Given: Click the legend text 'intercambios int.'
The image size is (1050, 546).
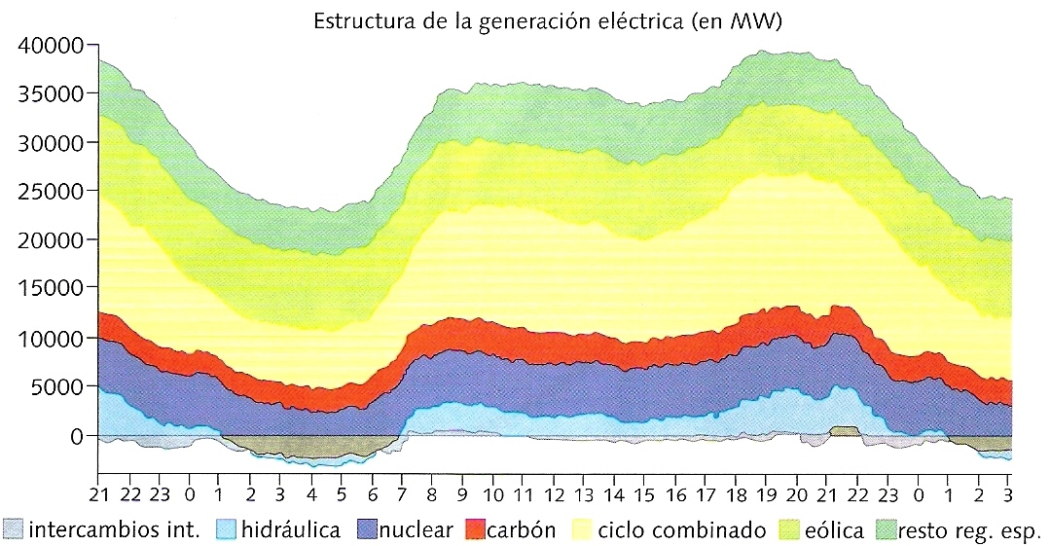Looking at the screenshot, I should point(115,530).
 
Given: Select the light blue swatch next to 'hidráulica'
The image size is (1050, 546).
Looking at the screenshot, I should point(225,530).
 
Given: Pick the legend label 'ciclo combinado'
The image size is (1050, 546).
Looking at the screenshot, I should point(682,530).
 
